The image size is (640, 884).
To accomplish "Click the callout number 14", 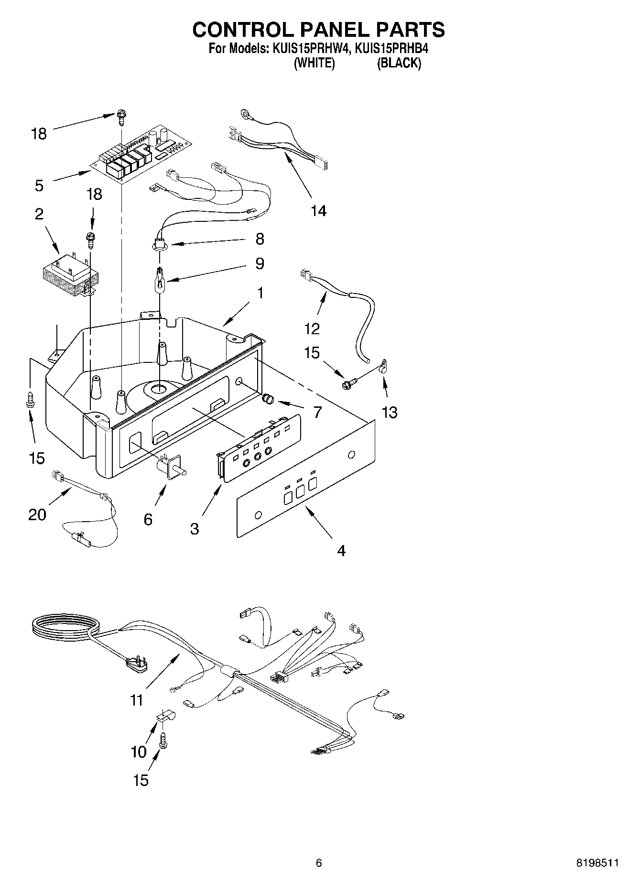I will click(318, 210).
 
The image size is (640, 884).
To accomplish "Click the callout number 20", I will click(37, 514).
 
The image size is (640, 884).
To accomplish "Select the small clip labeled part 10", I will click(166, 717).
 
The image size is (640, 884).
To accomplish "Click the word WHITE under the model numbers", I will click(314, 63).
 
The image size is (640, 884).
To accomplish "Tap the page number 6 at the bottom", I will click(319, 863).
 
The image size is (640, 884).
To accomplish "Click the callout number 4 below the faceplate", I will click(341, 551).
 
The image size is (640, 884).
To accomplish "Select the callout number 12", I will click(312, 328).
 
